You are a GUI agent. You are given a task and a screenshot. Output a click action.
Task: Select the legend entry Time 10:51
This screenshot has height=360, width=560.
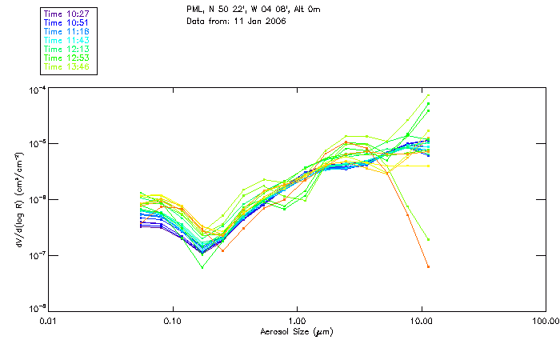click(x=67, y=23)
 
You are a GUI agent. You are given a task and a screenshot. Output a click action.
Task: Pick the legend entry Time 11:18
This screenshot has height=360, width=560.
click(x=67, y=32)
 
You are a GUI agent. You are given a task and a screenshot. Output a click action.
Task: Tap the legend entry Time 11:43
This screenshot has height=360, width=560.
click(x=67, y=41)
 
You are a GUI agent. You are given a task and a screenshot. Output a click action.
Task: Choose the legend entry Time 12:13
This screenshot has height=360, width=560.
click(x=67, y=50)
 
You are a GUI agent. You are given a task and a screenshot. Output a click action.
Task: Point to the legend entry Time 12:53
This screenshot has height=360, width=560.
click(x=67, y=58)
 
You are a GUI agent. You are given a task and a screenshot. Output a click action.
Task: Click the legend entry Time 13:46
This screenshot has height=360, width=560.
click(x=67, y=67)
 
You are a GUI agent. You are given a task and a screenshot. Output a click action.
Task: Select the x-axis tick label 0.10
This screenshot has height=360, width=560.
click(x=173, y=322)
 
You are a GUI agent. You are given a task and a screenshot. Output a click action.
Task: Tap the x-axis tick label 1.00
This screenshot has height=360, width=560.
click(x=298, y=322)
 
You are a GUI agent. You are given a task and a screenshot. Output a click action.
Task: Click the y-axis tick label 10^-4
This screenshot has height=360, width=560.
click(x=35, y=89)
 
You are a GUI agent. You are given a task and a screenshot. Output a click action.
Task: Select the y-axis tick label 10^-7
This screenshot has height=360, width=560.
click(x=35, y=255)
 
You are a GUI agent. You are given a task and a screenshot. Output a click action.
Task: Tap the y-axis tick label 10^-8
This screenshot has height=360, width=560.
click(x=35, y=309)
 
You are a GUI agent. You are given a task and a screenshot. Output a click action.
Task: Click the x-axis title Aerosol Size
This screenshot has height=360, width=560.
click(x=297, y=333)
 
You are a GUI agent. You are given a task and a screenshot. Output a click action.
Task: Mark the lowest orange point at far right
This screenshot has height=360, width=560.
click(x=428, y=266)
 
